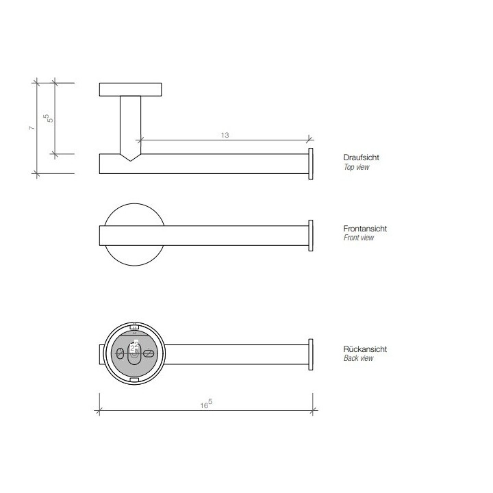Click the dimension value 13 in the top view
click(x=225, y=135)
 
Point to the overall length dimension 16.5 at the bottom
click(x=205, y=405)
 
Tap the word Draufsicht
click(x=361, y=157)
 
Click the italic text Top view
click(x=356, y=167)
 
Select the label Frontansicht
click(x=363, y=228)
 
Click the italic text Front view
click(x=358, y=238)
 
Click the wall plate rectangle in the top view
click(x=131, y=90)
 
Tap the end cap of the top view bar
click(x=311, y=164)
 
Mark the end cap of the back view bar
click(x=311, y=355)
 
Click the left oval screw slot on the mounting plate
click(x=121, y=353)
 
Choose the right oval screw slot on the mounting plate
click(x=149, y=353)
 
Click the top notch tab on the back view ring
click(x=134, y=326)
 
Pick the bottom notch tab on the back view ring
click(x=134, y=378)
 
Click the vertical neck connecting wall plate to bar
click(x=130, y=123)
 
